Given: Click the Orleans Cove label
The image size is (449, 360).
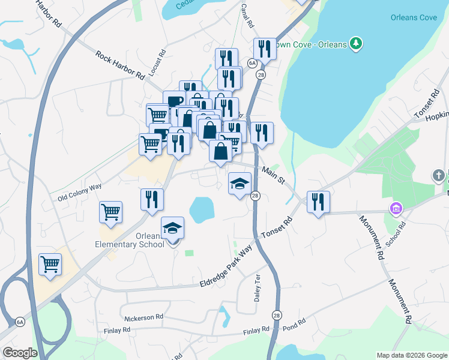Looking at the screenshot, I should (x=414, y=17).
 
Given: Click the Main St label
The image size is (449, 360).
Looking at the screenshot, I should (x=273, y=176).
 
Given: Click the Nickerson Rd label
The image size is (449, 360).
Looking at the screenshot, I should (x=143, y=316).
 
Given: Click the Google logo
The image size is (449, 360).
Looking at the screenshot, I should (x=20, y=353).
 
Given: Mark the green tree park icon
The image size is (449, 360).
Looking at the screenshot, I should (x=357, y=43).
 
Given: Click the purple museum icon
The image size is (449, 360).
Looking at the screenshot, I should (x=396, y=209).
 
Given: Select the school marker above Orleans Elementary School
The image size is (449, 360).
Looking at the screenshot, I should (x=172, y=228).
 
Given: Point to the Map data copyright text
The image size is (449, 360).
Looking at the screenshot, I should (x=411, y=355).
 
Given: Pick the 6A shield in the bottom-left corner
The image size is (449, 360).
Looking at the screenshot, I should (x=20, y=322).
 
